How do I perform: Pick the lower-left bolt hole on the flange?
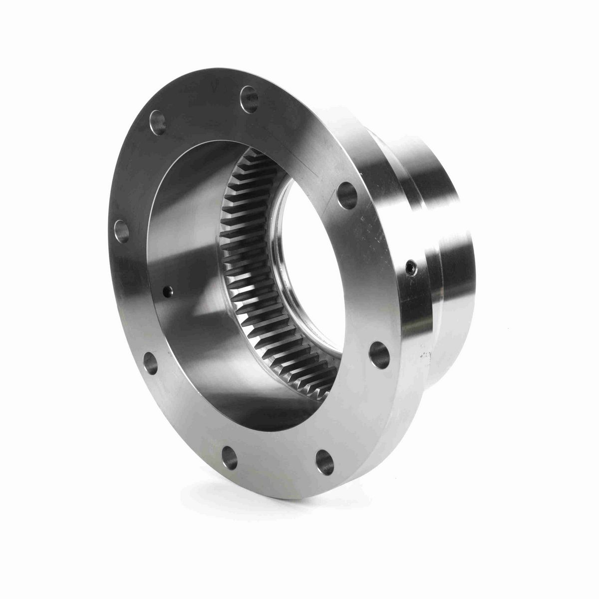click(x=150, y=363)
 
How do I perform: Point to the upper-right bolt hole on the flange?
click(x=347, y=195)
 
